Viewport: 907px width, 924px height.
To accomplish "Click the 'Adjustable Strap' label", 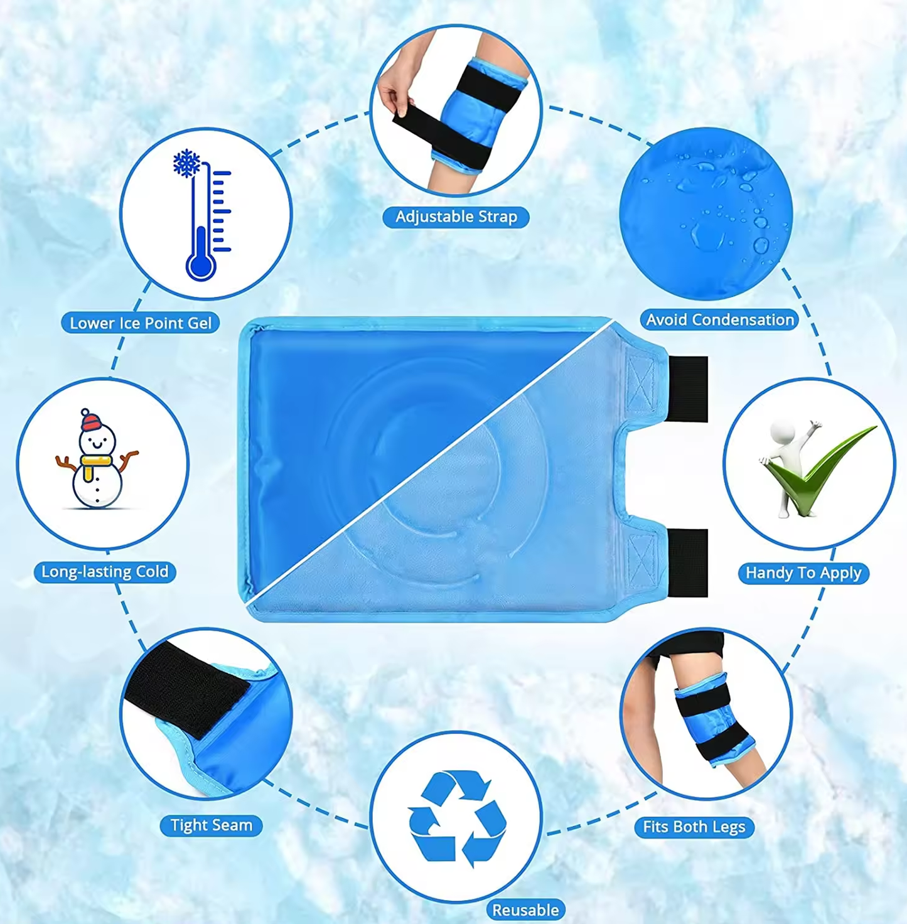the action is [x=456, y=217].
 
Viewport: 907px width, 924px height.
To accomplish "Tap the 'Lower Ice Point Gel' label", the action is [x=141, y=323].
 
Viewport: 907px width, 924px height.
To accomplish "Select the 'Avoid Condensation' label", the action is [x=719, y=320].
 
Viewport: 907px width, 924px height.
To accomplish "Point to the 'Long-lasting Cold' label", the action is [x=105, y=572].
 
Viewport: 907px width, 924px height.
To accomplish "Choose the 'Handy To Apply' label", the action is [x=803, y=573].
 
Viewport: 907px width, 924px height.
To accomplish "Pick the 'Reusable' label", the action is [x=526, y=910].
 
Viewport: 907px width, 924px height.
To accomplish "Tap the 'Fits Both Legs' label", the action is [x=694, y=827].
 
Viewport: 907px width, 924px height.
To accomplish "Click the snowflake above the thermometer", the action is [x=186, y=163].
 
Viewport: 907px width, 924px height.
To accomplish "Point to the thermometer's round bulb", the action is [x=201, y=264].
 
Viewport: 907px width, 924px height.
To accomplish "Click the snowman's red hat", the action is [x=90, y=421].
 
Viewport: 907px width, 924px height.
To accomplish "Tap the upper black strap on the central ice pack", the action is [x=688, y=389].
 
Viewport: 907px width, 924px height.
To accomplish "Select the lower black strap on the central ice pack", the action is [x=688, y=563].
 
